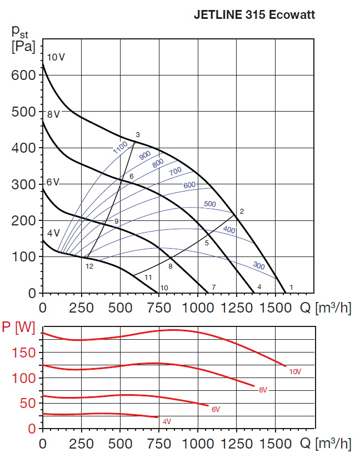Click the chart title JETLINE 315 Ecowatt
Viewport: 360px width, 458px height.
click(254, 16)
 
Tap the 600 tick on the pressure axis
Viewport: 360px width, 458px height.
click(23, 75)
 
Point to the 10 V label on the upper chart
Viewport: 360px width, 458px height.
click(56, 57)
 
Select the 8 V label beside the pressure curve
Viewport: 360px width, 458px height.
click(53, 115)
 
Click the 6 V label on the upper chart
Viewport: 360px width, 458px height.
click(53, 183)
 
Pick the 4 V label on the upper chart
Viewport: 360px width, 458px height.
click(53, 233)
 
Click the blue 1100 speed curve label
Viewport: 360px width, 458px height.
click(120, 148)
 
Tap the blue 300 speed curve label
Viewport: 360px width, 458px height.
click(258, 265)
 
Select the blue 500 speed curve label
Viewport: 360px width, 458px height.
click(209, 204)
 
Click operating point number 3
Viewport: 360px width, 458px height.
click(137, 135)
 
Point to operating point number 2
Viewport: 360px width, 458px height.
click(242, 212)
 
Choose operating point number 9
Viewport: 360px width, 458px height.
click(117, 222)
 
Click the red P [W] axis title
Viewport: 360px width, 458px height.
click(18, 328)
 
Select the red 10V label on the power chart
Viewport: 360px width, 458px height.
click(294, 371)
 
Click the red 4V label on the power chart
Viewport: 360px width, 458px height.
click(167, 422)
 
